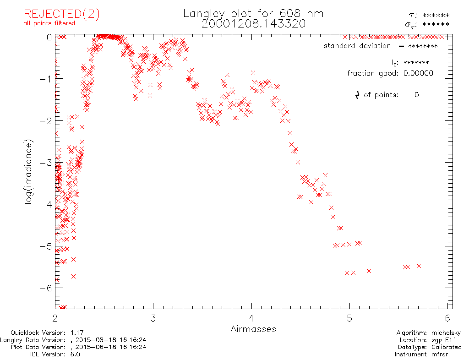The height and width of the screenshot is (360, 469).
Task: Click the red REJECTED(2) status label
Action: (61, 14)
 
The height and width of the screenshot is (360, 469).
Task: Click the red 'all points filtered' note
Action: (49, 23)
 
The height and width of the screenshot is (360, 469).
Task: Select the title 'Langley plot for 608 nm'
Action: (253, 14)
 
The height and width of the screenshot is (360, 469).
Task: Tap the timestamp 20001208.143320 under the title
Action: (253, 24)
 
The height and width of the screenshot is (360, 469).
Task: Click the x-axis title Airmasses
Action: (253, 329)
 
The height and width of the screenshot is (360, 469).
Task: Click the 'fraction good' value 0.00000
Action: (418, 73)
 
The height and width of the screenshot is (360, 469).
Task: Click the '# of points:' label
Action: (376, 95)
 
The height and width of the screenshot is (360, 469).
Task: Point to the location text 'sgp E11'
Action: (447, 340)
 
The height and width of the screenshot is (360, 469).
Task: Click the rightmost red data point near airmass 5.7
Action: (419, 266)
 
